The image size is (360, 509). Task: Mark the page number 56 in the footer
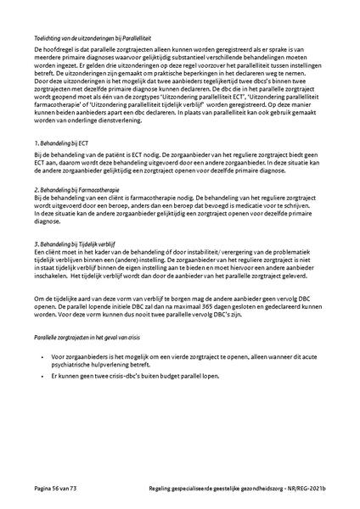pyautogui.click(x=53, y=489)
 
